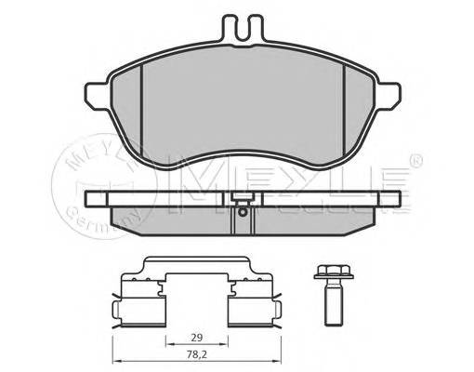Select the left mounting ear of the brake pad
point(98,92)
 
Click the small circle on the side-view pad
point(242,211)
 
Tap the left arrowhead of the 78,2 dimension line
point(114,363)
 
